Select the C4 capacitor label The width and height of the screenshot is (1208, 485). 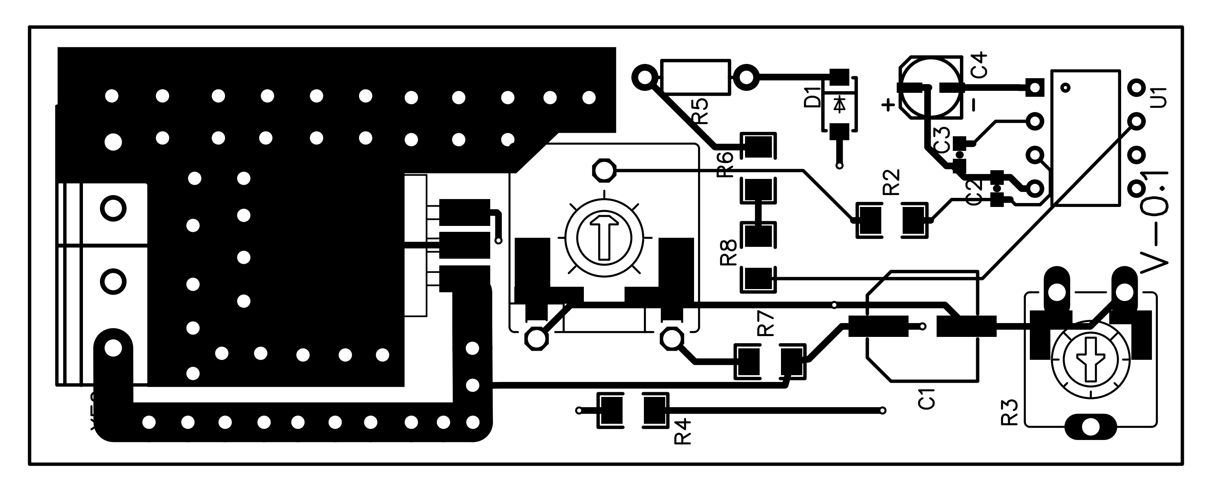point(979,65)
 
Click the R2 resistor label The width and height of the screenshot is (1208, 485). point(892,182)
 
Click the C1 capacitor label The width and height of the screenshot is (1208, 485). point(927,399)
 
